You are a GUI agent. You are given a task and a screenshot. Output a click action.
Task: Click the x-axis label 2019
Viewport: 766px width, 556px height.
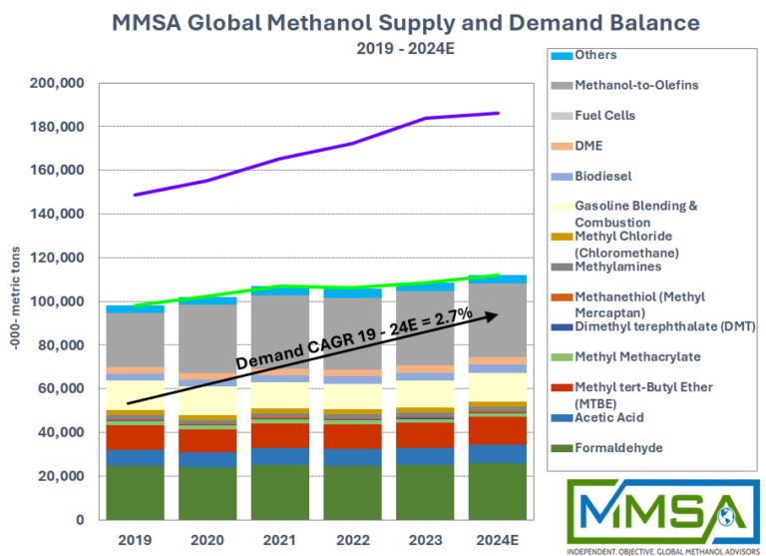coord(135,539)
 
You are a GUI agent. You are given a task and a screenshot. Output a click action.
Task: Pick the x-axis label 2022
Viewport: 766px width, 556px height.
coord(352,539)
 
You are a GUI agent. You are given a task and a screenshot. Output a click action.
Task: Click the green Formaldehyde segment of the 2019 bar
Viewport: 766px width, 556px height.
coord(135,493)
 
